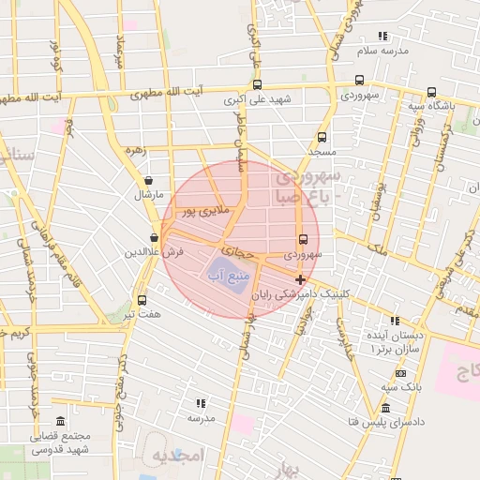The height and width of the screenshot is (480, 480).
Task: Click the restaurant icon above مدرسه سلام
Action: [382, 37]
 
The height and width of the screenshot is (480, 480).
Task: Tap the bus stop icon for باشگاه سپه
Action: [430, 92]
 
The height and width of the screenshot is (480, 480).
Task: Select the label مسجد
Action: [322, 151]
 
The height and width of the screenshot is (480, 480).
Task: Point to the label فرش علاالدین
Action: [152, 253]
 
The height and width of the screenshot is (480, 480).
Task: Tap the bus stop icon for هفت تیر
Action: [142, 300]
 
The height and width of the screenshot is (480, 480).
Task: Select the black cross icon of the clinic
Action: [300, 279]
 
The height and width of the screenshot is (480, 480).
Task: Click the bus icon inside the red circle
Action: [303, 238]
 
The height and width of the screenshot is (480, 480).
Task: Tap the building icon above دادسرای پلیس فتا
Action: [385, 409]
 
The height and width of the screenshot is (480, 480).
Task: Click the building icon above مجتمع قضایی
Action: [61, 422]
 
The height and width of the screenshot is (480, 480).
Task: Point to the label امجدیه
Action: [177, 456]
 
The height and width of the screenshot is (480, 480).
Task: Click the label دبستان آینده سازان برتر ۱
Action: [397, 341]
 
